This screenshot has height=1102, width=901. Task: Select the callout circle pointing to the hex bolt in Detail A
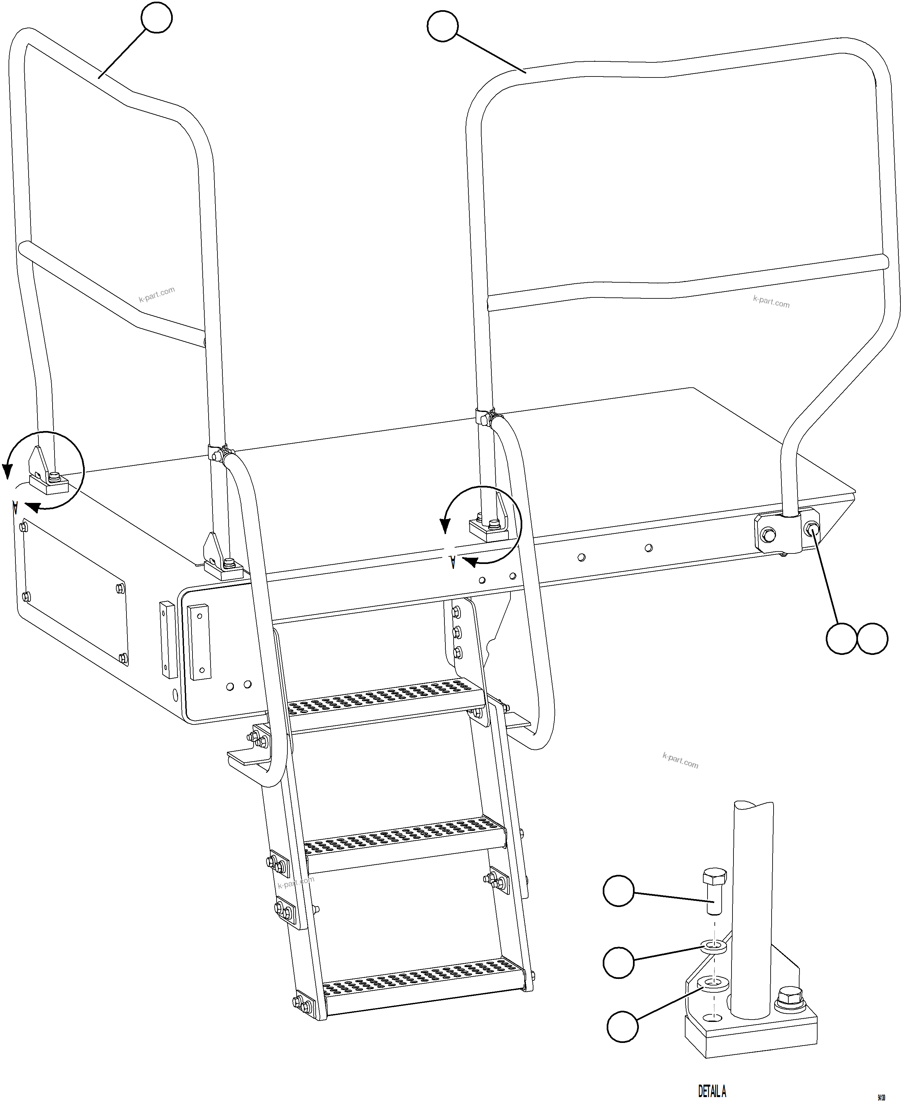[x=618, y=890]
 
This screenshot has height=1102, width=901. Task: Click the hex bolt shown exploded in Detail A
[x=714, y=892]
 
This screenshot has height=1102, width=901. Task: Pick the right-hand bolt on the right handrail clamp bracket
[x=811, y=529]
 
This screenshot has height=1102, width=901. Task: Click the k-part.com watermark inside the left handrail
[x=157, y=294]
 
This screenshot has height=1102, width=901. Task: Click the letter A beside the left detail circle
[x=15, y=507]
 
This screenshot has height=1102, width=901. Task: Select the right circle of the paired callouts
[x=872, y=638]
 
